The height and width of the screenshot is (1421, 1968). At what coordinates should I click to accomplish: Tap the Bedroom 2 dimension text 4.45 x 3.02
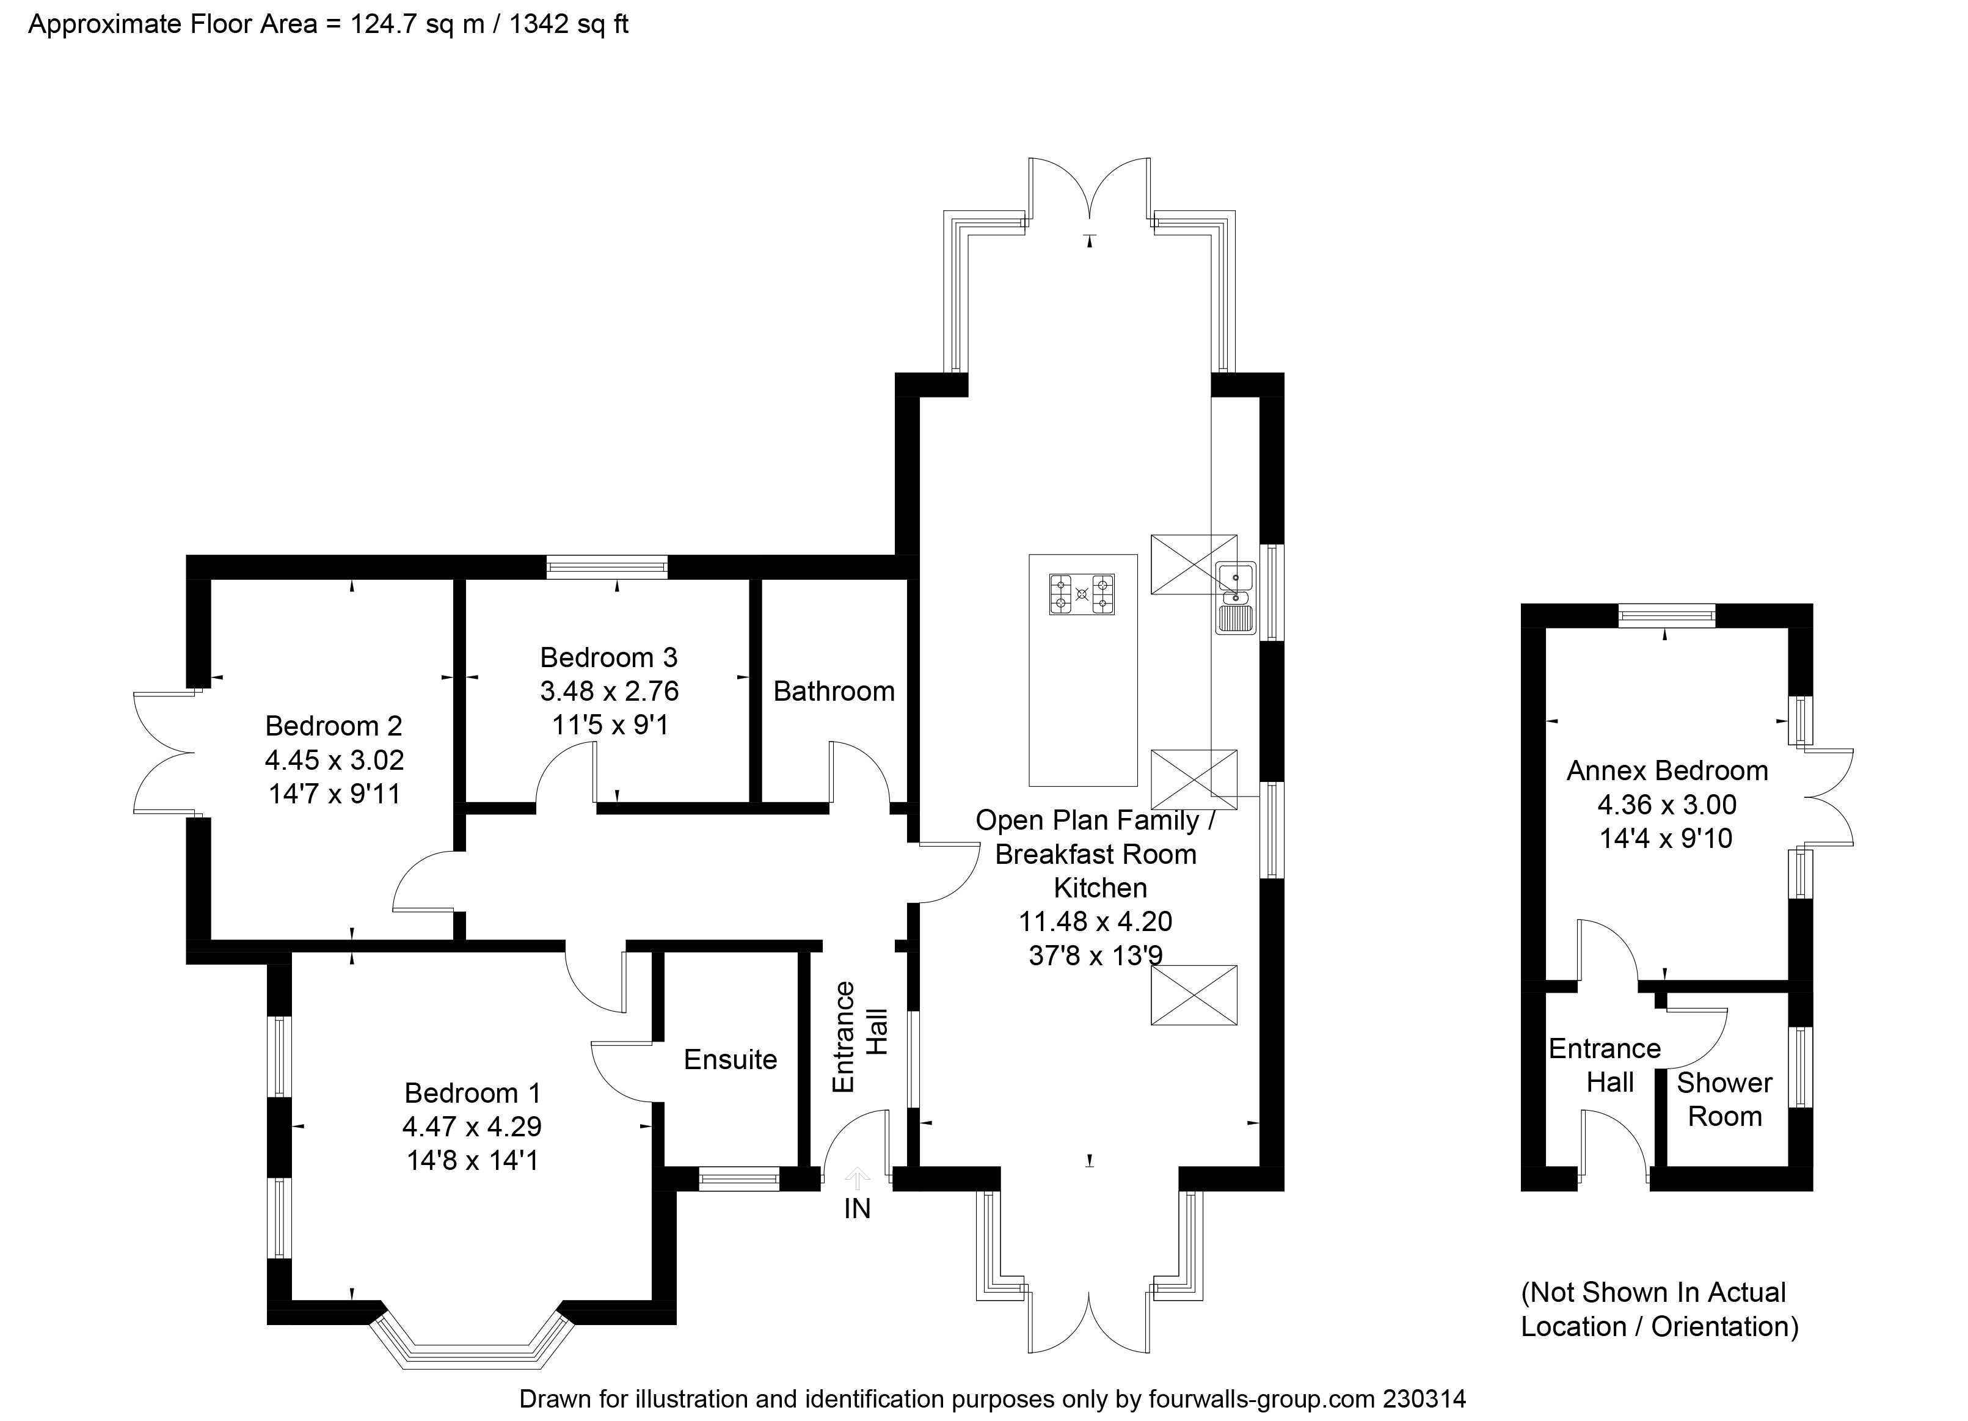coord(334,761)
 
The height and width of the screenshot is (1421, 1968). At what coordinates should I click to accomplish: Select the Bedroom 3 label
coord(608,657)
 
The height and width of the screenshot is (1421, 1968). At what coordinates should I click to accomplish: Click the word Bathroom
coord(834,691)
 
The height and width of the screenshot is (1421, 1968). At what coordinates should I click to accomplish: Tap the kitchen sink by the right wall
coord(1236,597)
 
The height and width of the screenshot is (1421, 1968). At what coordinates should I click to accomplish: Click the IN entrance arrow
coord(858,1178)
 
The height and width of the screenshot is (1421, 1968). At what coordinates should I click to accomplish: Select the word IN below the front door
coord(858,1208)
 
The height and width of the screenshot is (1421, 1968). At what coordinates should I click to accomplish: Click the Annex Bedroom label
coord(1667,771)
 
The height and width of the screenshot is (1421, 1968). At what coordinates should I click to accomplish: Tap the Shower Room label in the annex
coord(1724,1099)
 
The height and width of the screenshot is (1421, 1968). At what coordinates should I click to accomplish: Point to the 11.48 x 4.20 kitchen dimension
coord(1095,921)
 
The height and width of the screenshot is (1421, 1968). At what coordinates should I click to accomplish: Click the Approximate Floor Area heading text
coord(328,24)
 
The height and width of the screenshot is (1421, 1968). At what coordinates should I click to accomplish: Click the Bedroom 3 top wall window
coord(607,568)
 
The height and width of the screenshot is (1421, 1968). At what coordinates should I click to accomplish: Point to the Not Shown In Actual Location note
coord(1659,1309)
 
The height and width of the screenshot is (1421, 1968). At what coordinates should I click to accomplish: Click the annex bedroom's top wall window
coord(1667,615)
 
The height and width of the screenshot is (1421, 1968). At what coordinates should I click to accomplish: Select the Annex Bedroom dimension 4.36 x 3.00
coord(1667,805)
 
